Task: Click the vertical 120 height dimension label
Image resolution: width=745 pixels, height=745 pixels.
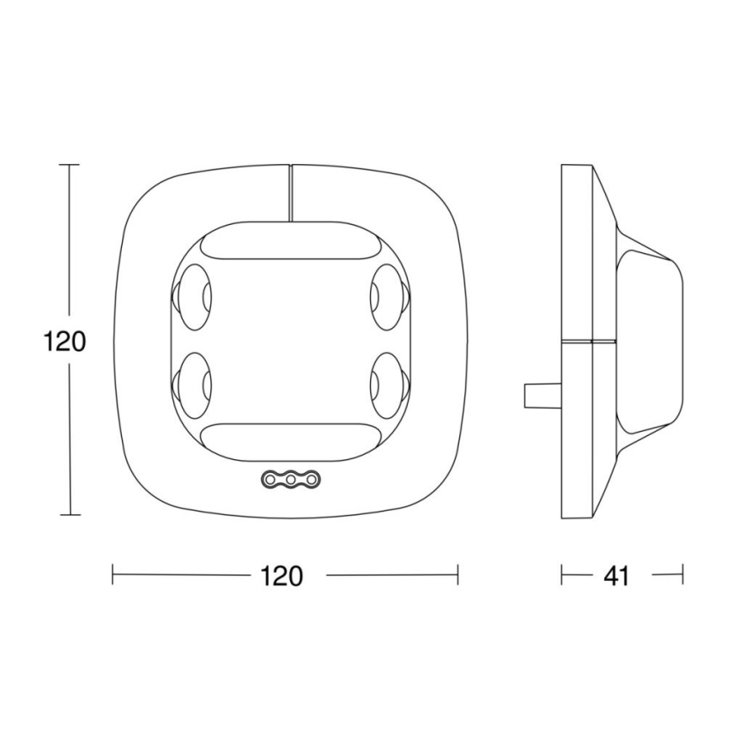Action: tap(65, 342)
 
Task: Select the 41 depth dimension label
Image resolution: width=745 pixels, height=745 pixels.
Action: tap(616, 576)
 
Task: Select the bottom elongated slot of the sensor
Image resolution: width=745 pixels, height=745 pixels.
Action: tap(290, 439)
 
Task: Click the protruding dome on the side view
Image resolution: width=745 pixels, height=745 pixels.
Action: tap(657, 339)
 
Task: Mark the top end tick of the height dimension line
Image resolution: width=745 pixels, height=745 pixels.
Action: tap(70, 164)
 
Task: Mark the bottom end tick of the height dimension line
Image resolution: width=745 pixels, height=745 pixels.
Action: tap(70, 515)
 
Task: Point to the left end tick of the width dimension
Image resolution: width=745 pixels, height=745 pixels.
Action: tap(113, 575)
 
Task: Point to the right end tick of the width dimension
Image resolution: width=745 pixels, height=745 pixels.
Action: tap(457, 575)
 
